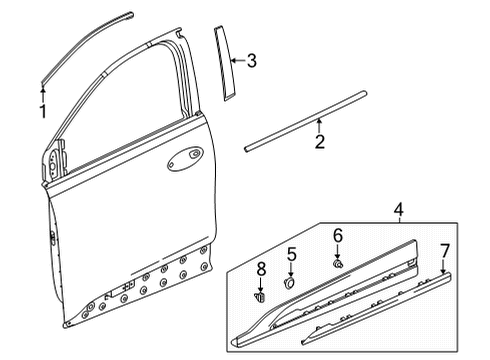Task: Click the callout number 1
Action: pos(43,111)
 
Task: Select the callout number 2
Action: pos(319,143)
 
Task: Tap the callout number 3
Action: pos(251,62)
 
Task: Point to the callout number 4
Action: pos(400,238)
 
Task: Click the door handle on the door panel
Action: pos(186,157)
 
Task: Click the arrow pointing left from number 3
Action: pos(236,62)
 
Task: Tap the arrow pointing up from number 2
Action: pos(319,126)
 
